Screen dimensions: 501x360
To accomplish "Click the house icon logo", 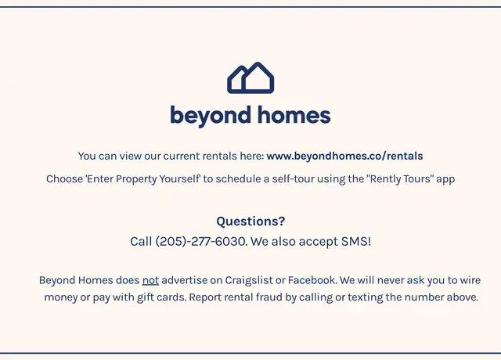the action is coord(250,77).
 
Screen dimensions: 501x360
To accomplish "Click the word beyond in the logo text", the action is coord(211,116).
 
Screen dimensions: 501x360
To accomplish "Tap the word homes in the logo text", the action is coord(294,115).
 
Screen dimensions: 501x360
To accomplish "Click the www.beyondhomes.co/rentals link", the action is coord(344,156).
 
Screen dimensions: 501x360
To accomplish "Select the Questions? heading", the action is coord(250,221).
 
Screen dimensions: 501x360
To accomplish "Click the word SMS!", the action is coord(356,242).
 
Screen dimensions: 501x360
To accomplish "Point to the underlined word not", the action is coord(150,280).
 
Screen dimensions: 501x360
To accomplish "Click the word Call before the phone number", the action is coord(141,242).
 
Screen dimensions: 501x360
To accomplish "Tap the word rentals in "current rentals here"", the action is coord(220,156).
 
